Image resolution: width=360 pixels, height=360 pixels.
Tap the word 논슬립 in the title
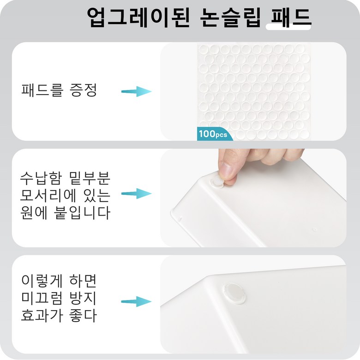(230, 18)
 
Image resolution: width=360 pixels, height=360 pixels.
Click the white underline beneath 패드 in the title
(288, 27)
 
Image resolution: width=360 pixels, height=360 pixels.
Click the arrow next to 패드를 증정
(136, 91)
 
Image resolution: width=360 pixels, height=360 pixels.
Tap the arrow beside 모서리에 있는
(136, 193)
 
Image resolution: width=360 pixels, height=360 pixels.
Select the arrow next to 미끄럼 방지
(136, 301)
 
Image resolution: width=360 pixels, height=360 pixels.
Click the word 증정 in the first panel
(83, 90)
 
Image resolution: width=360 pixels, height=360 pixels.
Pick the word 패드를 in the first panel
(42, 90)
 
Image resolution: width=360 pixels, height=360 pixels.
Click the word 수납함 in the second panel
(41, 179)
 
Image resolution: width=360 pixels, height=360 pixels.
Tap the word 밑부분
(90, 179)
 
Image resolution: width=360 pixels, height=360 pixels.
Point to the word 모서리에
(48, 196)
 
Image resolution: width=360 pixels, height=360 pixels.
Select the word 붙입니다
(82, 213)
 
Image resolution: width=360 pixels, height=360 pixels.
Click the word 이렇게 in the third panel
(42, 281)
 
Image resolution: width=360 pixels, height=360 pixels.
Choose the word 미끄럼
(42, 298)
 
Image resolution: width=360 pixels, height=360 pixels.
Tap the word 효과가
(42, 315)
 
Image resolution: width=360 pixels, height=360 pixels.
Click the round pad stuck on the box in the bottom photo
(234, 294)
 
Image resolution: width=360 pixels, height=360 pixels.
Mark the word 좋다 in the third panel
(83, 315)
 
